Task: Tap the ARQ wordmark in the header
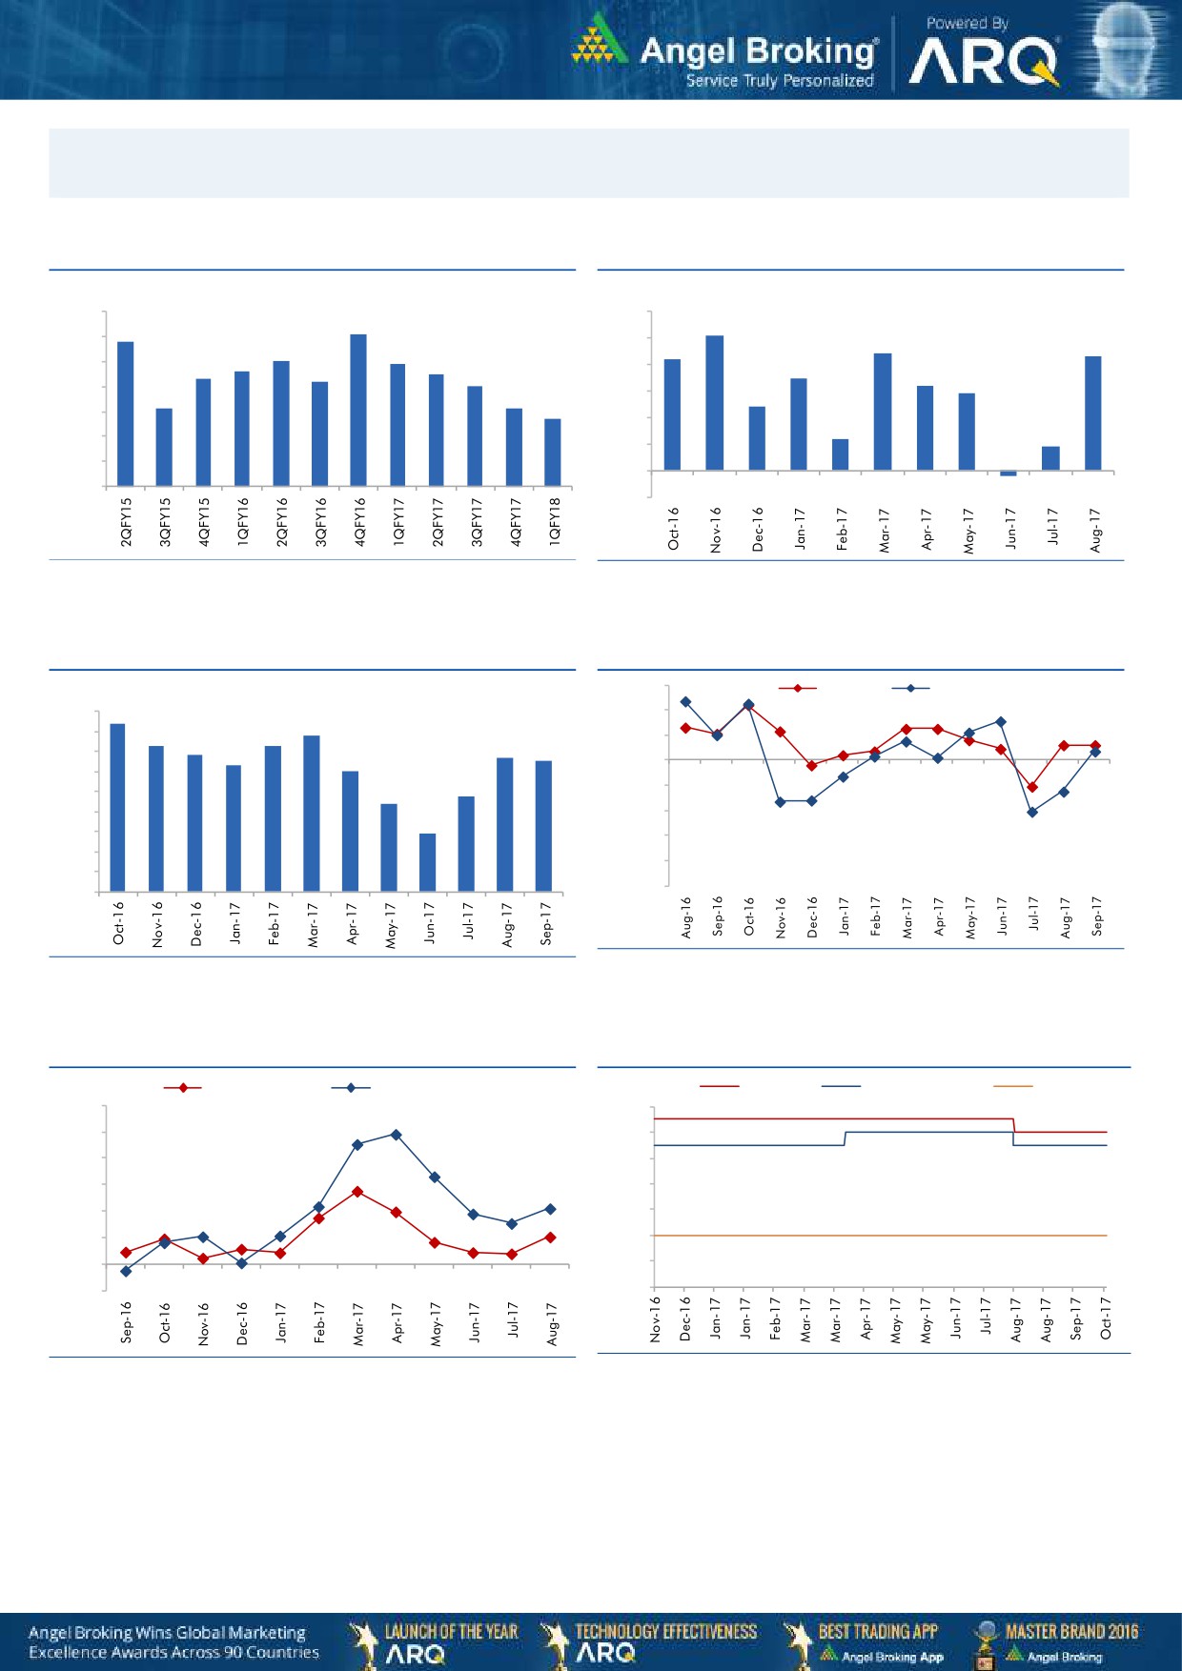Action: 984,63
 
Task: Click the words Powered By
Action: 967,23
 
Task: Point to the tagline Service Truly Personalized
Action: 780,81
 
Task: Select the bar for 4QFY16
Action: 358,410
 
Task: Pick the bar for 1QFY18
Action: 553,452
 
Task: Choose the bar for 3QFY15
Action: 164,447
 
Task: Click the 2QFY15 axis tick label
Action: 126,521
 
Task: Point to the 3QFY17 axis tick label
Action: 476,521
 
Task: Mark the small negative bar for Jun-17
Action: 1009,473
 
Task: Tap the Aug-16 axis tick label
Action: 686,916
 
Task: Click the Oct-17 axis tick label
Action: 1106,1317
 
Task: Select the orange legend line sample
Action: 1012,1086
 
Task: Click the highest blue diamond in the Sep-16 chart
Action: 396,1135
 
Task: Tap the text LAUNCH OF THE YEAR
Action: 451,1631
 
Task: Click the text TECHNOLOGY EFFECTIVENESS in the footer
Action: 666,1631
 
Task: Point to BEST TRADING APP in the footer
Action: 878,1631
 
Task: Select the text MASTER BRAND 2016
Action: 1071,1631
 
